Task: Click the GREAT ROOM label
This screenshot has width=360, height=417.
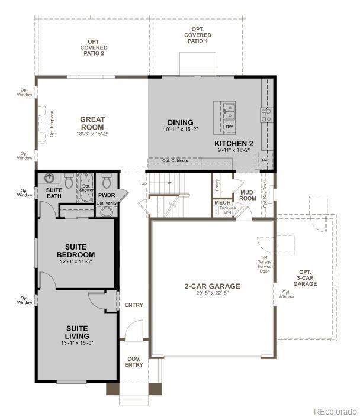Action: coord(92,123)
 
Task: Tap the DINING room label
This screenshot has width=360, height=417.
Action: coord(180,122)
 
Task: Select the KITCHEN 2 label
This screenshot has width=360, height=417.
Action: coord(234,144)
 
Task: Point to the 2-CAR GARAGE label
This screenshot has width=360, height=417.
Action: coord(212,286)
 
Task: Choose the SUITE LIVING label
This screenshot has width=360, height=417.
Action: coord(77,332)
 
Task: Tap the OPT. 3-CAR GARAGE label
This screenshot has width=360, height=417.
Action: coord(306,280)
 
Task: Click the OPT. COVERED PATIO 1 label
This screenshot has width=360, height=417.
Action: coord(199,35)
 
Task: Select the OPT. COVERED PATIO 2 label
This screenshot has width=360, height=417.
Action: coord(94,47)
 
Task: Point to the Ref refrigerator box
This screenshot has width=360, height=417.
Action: coord(265,160)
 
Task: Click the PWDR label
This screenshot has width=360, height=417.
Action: coord(107,195)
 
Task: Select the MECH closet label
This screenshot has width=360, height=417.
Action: coord(221,202)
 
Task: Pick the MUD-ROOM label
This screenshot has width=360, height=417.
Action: coord(248,196)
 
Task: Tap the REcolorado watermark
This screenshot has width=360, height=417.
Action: coord(335,411)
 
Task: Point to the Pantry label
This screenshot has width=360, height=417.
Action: coord(217,186)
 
